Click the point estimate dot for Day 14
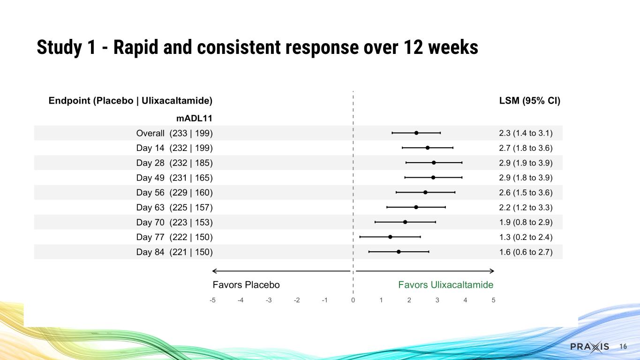pos(428,148)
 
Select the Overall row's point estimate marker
pos(416,133)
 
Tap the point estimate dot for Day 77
pos(390,237)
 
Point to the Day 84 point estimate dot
pos(399,252)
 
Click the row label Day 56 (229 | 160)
pos(174,193)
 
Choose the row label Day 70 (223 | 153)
pos(174,222)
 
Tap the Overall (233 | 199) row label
pos(174,133)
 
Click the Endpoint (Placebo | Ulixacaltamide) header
pos(131,101)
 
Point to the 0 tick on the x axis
pos(353,300)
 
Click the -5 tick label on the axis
pos(212,300)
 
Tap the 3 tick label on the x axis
pos(437,300)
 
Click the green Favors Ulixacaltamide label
pos(445,285)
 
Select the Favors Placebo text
pos(246,285)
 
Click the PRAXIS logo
pos(590,347)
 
